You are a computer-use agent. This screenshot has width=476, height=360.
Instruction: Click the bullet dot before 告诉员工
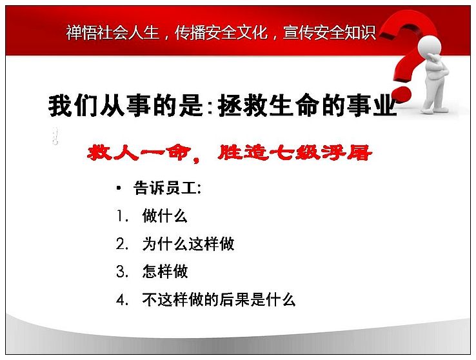[119, 188]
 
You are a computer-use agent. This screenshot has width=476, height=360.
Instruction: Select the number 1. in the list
[123, 216]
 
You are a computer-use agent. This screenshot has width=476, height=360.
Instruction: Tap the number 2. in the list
[123, 244]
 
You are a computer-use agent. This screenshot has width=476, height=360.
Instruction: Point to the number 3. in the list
[123, 272]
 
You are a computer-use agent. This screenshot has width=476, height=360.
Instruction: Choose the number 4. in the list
[123, 299]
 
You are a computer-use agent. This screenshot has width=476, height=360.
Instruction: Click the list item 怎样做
[165, 272]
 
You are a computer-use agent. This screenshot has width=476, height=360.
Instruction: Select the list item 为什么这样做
[188, 244]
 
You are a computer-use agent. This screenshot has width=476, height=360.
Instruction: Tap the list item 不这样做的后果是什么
[219, 299]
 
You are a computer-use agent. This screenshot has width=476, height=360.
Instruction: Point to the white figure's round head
[430, 46]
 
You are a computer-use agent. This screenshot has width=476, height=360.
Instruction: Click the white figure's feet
[434, 108]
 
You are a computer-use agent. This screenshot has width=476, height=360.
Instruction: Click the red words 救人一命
[139, 153]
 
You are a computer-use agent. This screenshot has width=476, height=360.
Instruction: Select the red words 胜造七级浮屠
[295, 153]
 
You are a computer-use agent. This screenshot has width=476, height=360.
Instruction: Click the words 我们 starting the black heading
[73, 106]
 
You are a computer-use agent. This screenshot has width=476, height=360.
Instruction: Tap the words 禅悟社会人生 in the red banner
[113, 32]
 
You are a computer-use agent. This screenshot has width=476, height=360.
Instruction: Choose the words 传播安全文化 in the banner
[221, 32]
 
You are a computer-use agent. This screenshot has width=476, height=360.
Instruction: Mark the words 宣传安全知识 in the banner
[330, 32]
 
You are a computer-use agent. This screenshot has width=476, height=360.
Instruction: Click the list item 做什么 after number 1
[165, 216]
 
